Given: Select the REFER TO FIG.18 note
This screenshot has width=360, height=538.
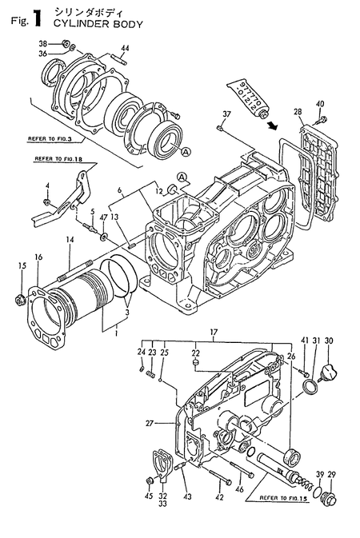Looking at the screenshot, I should point(58,159).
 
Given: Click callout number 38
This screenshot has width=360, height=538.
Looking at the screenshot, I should point(43,43).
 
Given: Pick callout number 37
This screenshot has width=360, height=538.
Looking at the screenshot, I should point(226,114).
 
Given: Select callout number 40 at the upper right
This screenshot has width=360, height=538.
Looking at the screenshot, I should point(320,103).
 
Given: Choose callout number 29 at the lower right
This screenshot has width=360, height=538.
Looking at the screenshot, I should point(332,476).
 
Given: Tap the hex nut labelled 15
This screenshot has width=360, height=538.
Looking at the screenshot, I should point(21,301).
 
